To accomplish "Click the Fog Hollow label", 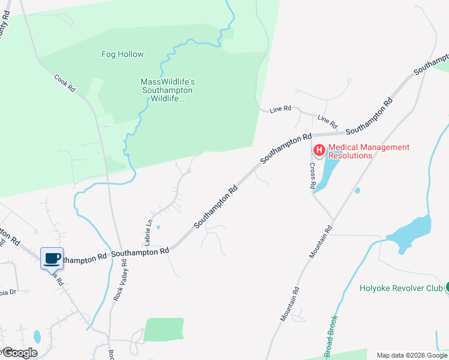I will click(x=122, y=54).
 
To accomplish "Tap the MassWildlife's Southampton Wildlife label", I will click(x=168, y=90).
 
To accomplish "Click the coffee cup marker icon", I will click(x=52, y=259).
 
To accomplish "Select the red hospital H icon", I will click(x=319, y=150).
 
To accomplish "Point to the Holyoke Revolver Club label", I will click(x=401, y=288).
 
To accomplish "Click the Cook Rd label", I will click(x=65, y=83).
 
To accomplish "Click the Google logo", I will click(x=19, y=353).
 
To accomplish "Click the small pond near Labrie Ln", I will click(x=158, y=227).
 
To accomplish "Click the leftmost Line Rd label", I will click(x=280, y=109).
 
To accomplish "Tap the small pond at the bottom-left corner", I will click(x=37, y=336).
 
